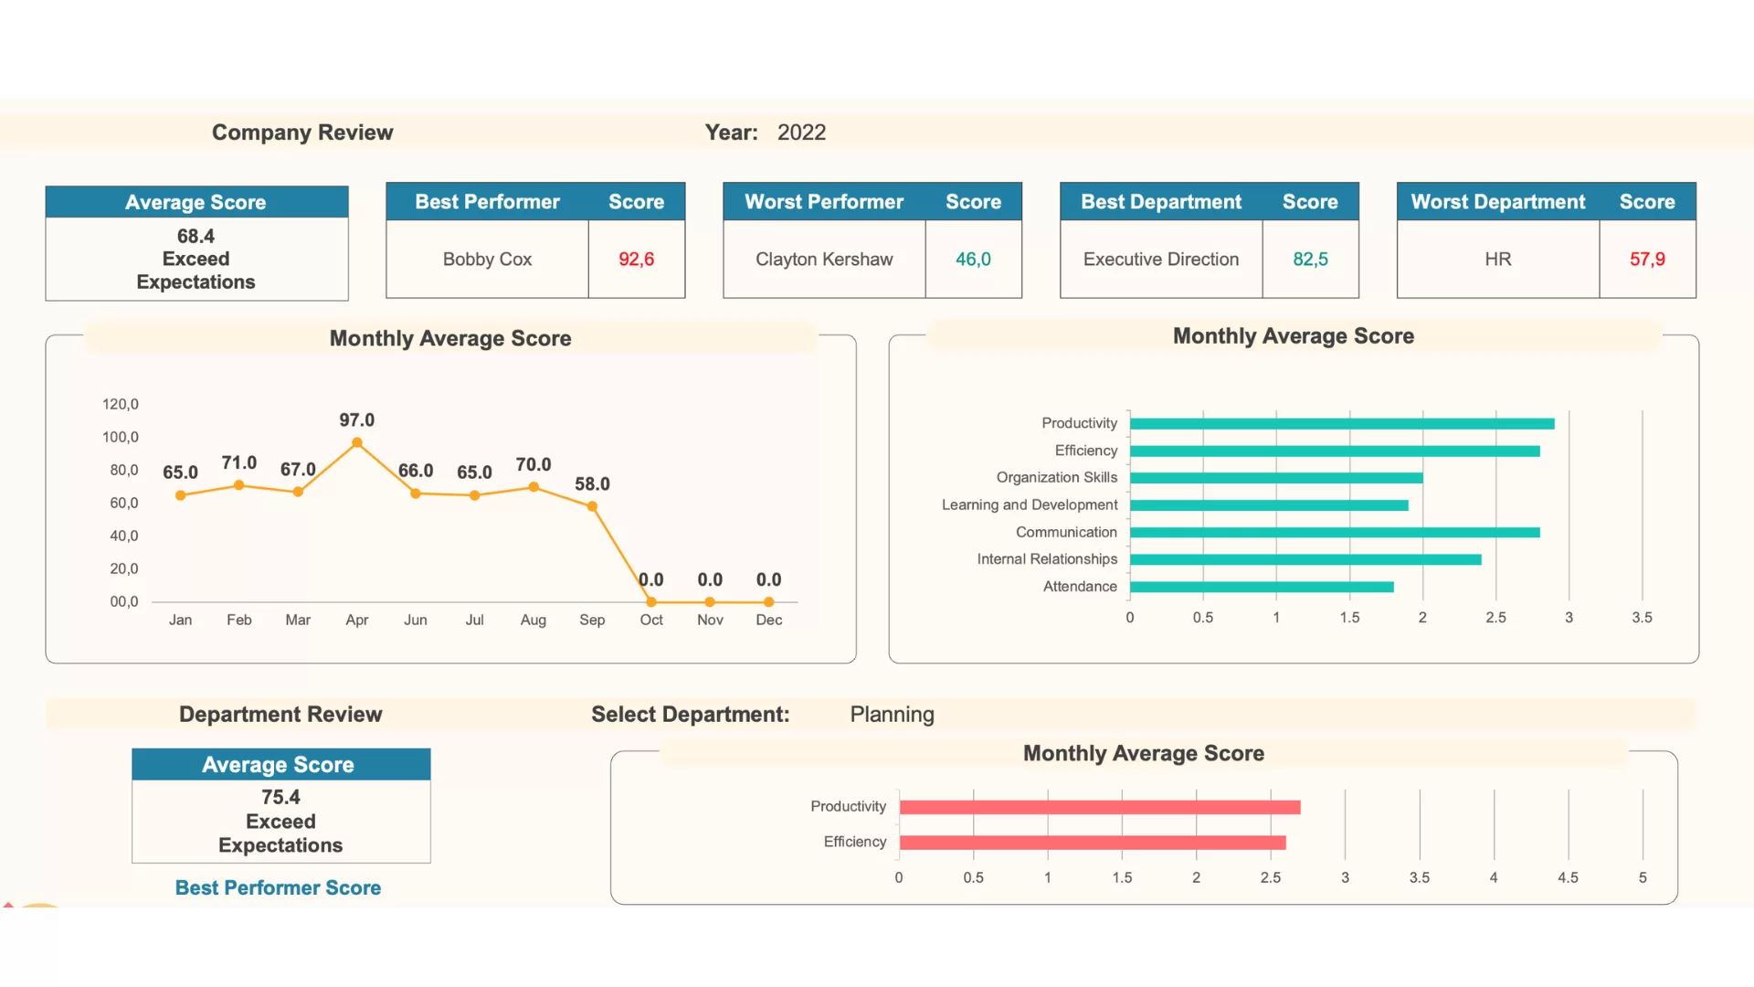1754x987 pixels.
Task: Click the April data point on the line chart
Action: coord(357,443)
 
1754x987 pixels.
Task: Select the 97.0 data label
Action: coord(357,420)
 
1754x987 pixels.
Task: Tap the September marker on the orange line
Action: coord(593,506)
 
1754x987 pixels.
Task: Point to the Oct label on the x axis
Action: coord(651,620)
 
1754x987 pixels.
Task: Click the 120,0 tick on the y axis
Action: coord(121,404)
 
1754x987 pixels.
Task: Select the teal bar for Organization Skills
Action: coord(1276,478)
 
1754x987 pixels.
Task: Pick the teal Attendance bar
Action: coord(1262,587)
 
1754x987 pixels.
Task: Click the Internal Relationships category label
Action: coord(1047,559)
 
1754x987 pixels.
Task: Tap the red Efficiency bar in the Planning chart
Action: coord(1093,843)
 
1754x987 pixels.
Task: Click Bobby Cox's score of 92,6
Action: coord(637,260)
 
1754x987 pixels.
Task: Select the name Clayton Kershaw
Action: coord(824,260)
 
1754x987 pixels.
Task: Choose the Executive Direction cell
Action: coord(1161,260)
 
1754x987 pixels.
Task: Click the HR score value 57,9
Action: coord(1647,260)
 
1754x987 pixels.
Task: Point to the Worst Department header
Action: coord(1498,202)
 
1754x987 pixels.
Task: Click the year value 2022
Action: coord(801,133)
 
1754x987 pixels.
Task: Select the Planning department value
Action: coord(892,715)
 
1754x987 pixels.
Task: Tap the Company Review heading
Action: coord(302,133)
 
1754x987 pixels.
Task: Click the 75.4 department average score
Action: coord(280,797)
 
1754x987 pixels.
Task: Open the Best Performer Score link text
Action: coord(278,887)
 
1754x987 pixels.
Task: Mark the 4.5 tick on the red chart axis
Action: coord(1568,877)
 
